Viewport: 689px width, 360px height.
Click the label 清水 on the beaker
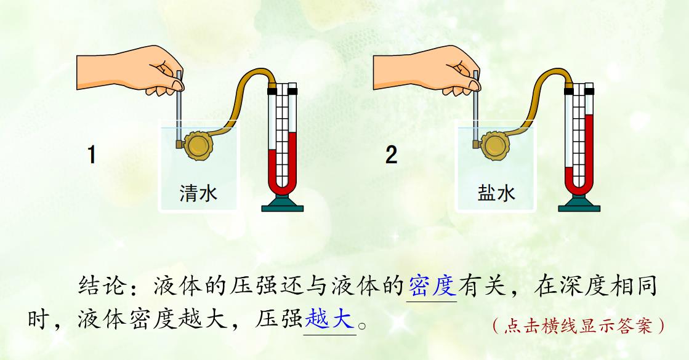click(x=198, y=193)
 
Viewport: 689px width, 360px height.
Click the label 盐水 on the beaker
click(x=496, y=193)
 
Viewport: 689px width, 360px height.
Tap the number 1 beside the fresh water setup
click(x=91, y=155)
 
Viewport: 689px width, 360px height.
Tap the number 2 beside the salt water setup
click(x=391, y=155)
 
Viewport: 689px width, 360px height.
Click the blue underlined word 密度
click(x=432, y=286)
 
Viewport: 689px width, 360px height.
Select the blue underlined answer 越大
click(x=329, y=319)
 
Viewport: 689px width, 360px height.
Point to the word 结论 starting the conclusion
click(x=103, y=286)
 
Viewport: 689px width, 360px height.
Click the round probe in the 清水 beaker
click(x=196, y=145)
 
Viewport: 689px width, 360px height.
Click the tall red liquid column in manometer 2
click(x=589, y=150)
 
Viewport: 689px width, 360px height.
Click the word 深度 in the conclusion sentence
click(x=582, y=286)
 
